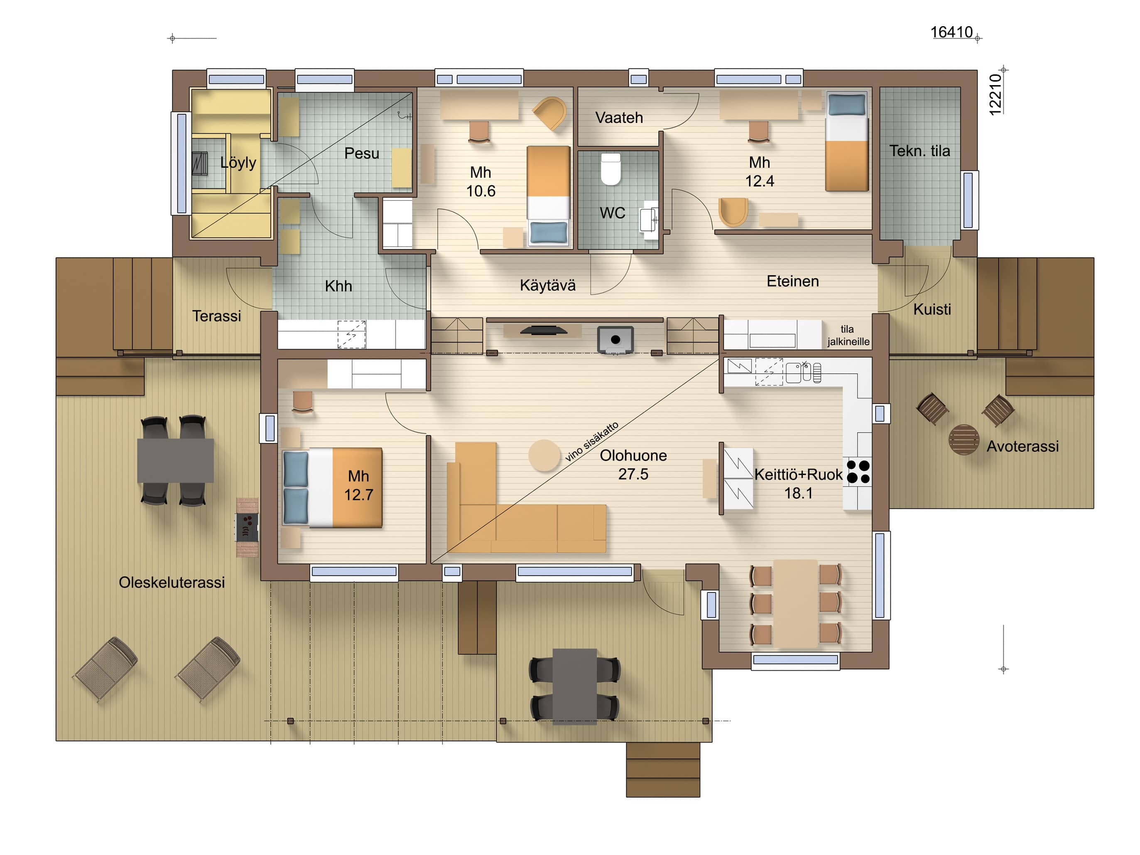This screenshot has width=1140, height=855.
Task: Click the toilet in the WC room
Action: [611, 169]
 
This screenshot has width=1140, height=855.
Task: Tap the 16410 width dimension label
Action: [951, 32]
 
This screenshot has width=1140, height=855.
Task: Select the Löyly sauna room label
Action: [238, 162]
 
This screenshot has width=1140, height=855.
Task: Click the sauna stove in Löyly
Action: [199, 163]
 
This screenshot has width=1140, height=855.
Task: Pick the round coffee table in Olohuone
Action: [544, 455]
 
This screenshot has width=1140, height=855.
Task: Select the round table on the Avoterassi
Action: [963, 440]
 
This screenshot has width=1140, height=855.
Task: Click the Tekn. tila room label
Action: [919, 151]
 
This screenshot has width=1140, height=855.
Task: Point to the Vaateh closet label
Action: [619, 118]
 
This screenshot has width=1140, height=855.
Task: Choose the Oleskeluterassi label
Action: [172, 582]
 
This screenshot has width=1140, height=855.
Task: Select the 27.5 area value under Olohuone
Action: [633, 474]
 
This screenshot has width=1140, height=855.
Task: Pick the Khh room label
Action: [338, 286]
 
